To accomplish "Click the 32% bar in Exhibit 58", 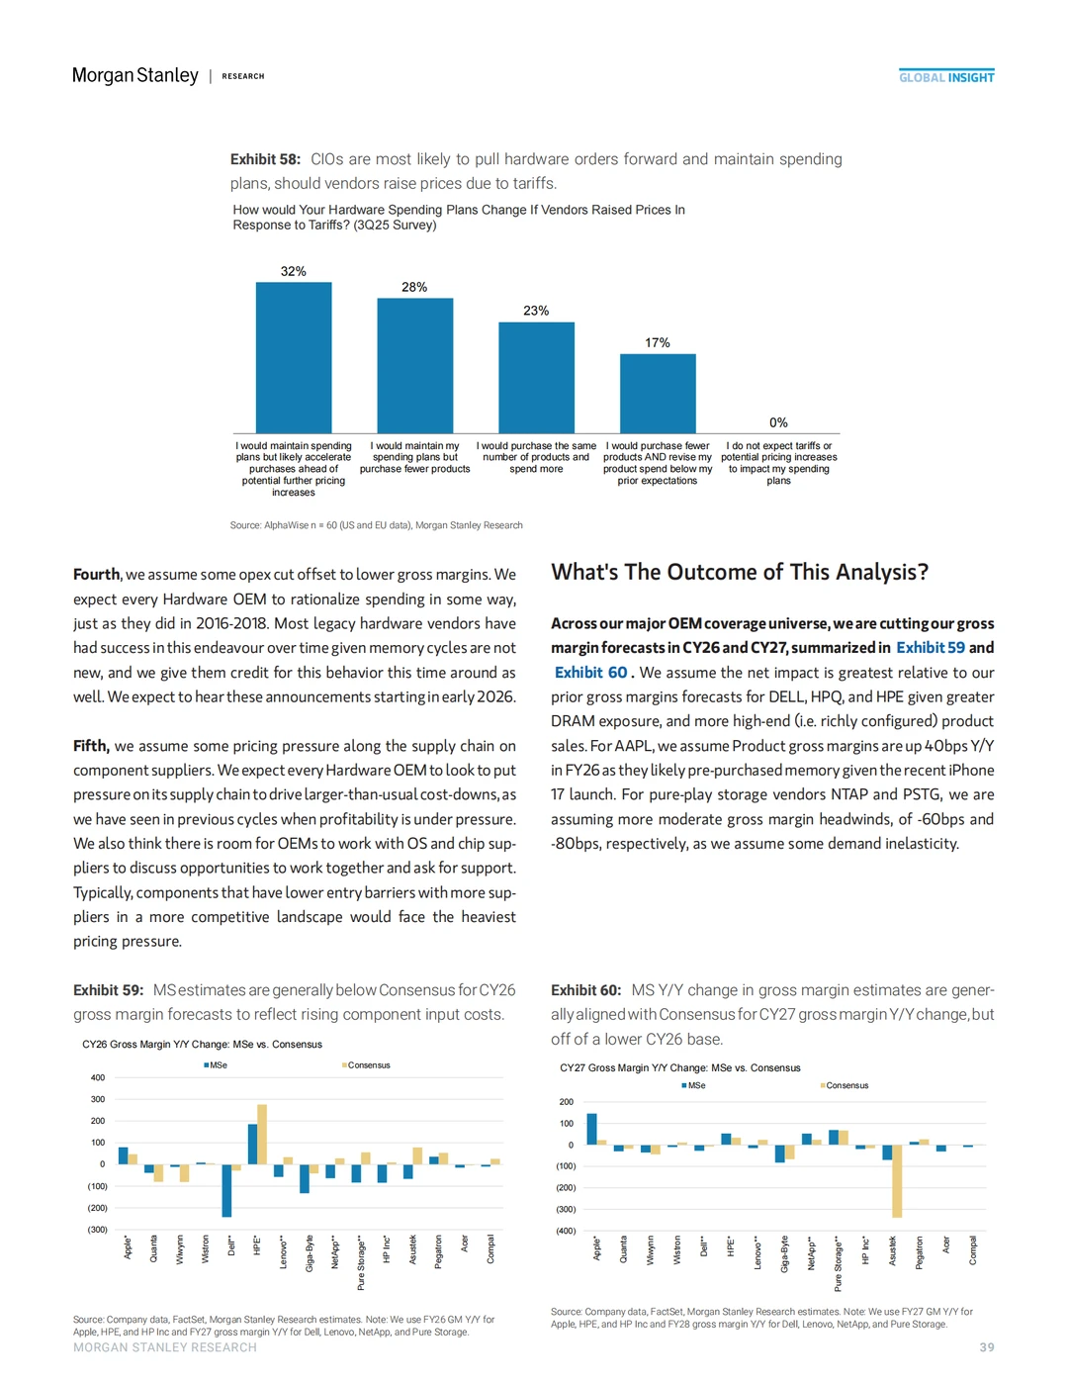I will pos(294,357).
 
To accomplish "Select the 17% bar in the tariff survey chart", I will pos(658,393).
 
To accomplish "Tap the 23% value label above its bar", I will pos(536,311).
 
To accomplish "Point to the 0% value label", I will pos(778,422).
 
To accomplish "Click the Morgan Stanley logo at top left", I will pos(135,75).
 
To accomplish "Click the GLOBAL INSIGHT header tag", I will pos(946,77).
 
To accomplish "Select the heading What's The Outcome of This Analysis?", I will pos(740,572).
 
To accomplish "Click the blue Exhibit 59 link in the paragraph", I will pos(931,647).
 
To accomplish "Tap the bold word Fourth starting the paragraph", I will pos(96,574).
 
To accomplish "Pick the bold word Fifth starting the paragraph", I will pos(90,746).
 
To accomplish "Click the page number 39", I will pos(987,1347).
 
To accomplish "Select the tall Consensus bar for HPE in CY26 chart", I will pos(262,1134).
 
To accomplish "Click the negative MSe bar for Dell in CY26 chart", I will pos(226,1190).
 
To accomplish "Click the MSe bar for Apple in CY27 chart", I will pos(592,1129).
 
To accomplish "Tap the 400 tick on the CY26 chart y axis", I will pos(98,1077).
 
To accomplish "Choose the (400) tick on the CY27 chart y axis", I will pos(565,1231).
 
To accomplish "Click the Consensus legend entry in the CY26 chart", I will pos(368,1065).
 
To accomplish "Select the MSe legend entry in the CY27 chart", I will pos(695,1085).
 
